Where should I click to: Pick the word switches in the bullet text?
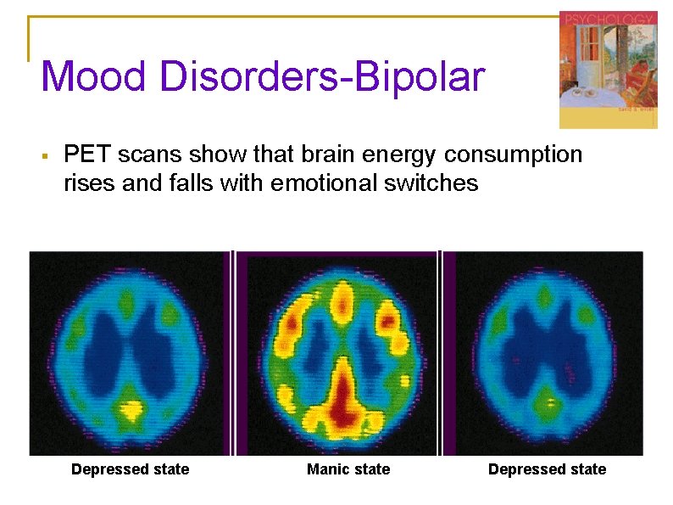(x=437, y=182)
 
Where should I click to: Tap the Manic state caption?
(x=348, y=469)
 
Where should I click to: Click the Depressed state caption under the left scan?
(x=131, y=469)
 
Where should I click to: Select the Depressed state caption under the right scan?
(x=548, y=469)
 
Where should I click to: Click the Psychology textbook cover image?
(x=608, y=70)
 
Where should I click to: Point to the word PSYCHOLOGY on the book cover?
(x=598, y=18)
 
